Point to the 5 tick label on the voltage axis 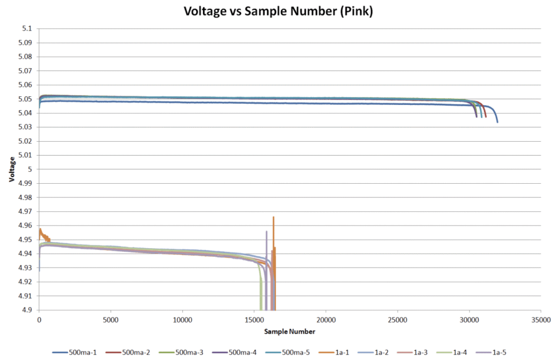[x=30, y=169]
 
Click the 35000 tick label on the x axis [x=540, y=320]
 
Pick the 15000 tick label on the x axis [x=254, y=320]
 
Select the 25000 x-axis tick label [x=397, y=320]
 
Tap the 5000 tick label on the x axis [x=110, y=320]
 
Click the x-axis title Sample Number [x=290, y=331]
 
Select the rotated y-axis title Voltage [x=12, y=169]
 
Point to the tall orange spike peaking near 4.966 [x=273, y=218]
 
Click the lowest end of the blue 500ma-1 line [x=497, y=122]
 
